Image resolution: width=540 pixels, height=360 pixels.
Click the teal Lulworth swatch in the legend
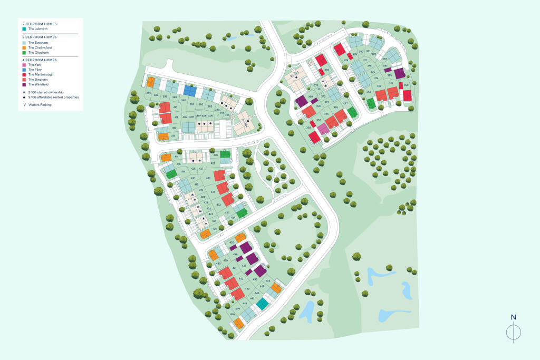tap(24, 30)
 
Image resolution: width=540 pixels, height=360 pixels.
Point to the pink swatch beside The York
tap(24, 65)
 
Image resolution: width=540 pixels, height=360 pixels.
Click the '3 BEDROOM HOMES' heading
tap(39, 37)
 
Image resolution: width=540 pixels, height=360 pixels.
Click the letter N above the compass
tap(513, 317)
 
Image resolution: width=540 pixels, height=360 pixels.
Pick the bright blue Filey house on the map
tap(190, 91)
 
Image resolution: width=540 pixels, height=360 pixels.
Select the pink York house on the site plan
tap(324, 129)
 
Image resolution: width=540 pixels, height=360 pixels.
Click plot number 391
tap(192, 104)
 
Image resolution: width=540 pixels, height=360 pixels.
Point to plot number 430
tap(208, 179)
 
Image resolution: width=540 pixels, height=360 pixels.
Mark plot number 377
tap(365, 60)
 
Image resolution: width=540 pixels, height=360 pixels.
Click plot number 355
tap(335, 108)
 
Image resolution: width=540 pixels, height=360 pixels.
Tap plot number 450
tap(232, 314)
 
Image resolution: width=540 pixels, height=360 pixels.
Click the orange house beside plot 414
tap(166, 157)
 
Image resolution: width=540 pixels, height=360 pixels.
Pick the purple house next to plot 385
tap(400, 73)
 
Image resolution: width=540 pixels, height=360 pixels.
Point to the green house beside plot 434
tap(242, 213)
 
